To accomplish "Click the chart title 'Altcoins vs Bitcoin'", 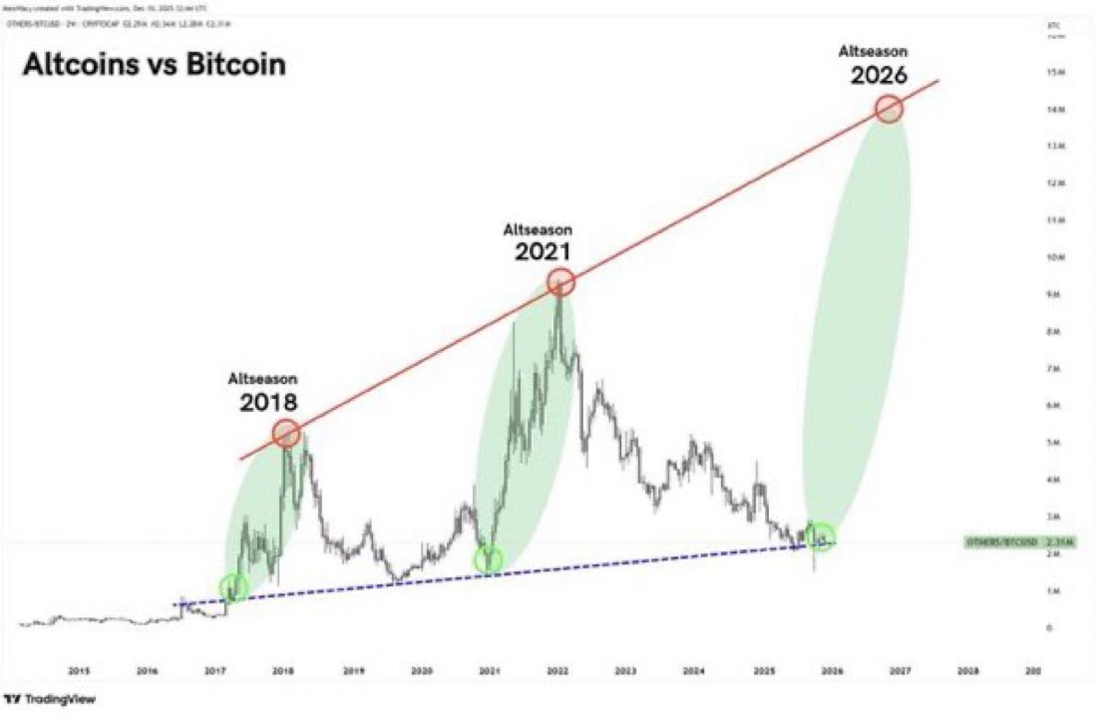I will (x=154, y=65).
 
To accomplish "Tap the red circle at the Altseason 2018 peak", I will (x=286, y=433).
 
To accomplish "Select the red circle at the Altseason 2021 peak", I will (x=561, y=282).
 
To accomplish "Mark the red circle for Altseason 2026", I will (x=889, y=109).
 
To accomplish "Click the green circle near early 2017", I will (x=233, y=587).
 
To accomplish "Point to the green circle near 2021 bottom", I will (x=489, y=559).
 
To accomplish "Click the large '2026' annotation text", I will (x=879, y=75).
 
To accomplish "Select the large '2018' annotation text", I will (x=267, y=403).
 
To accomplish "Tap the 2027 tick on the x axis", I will (x=899, y=670).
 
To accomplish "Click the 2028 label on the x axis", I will (x=966, y=670).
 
